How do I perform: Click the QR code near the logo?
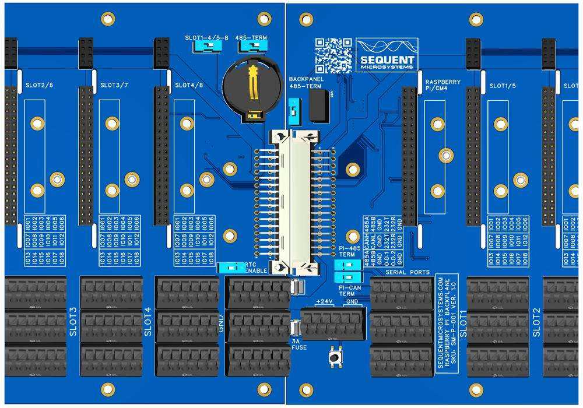(333, 55)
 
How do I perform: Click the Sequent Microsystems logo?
(387, 55)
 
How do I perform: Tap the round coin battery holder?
(252, 91)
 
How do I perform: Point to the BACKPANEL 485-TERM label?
(305, 82)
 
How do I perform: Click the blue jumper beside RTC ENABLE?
(232, 268)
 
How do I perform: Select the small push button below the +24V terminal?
(336, 357)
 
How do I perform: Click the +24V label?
(324, 301)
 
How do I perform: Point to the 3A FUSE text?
(298, 344)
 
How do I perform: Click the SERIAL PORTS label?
(407, 272)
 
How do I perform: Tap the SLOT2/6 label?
(40, 85)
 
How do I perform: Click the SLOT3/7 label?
(115, 85)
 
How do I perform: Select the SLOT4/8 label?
(189, 85)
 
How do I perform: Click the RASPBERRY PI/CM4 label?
(442, 86)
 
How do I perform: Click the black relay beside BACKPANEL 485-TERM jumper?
(318, 106)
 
